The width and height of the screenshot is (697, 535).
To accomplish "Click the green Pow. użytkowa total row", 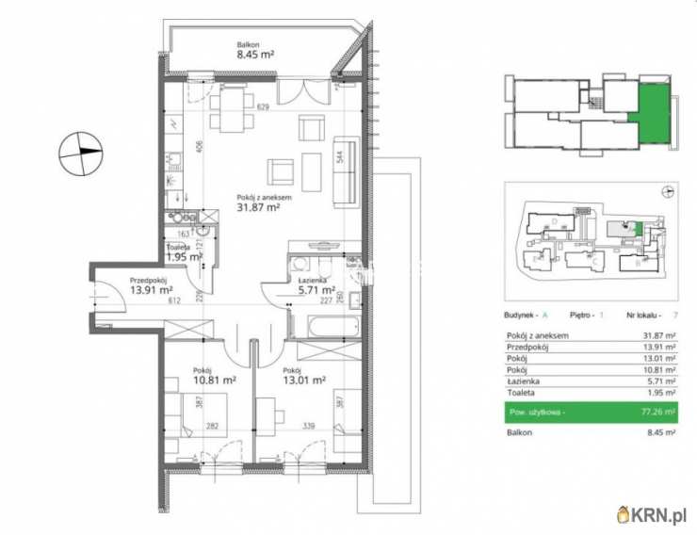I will pos(592,412).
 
